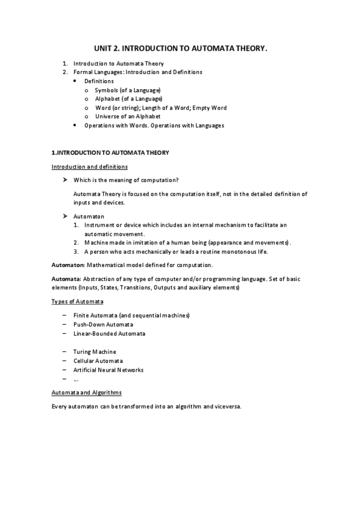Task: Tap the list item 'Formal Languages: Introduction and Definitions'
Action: point(138,72)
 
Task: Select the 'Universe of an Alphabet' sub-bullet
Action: point(128,116)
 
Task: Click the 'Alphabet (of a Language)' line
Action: point(128,98)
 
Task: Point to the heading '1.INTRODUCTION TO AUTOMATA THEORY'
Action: point(110,152)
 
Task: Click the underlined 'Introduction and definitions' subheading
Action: point(90,166)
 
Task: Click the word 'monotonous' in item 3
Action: point(230,252)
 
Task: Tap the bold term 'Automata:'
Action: point(66,279)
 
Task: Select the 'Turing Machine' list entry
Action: point(95,351)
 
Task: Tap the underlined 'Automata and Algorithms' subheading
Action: point(87,392)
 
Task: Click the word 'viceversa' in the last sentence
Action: point(226,407)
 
